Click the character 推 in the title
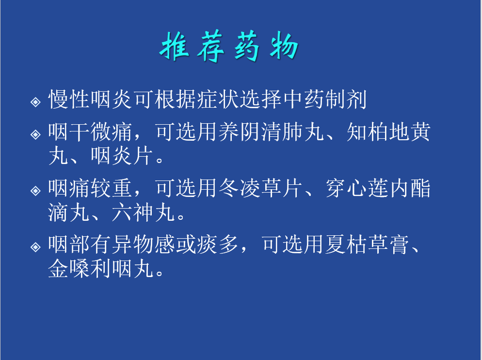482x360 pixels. [x=175, y=46]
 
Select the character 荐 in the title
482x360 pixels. [x=211, y=46]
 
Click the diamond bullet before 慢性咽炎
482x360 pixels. [x=36, y=101]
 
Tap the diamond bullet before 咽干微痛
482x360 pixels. [x=36, y=134]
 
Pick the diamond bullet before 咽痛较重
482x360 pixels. [x=36, y=191]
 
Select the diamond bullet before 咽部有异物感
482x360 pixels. [x=36, y=247]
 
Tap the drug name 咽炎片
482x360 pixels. [x=122, y=156]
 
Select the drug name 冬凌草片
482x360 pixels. [x=261, y=188]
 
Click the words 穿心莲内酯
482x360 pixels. [x=378, y=188]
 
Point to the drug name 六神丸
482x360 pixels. [x=144, y=212]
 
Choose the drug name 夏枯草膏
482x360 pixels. [x=367, y=245]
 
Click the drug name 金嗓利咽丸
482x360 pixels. [x=101, y=268]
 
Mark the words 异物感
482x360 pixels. [x=144, y=245]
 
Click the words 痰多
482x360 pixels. [x=218, y=245]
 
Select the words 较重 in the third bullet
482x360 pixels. [x=112, y=188]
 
